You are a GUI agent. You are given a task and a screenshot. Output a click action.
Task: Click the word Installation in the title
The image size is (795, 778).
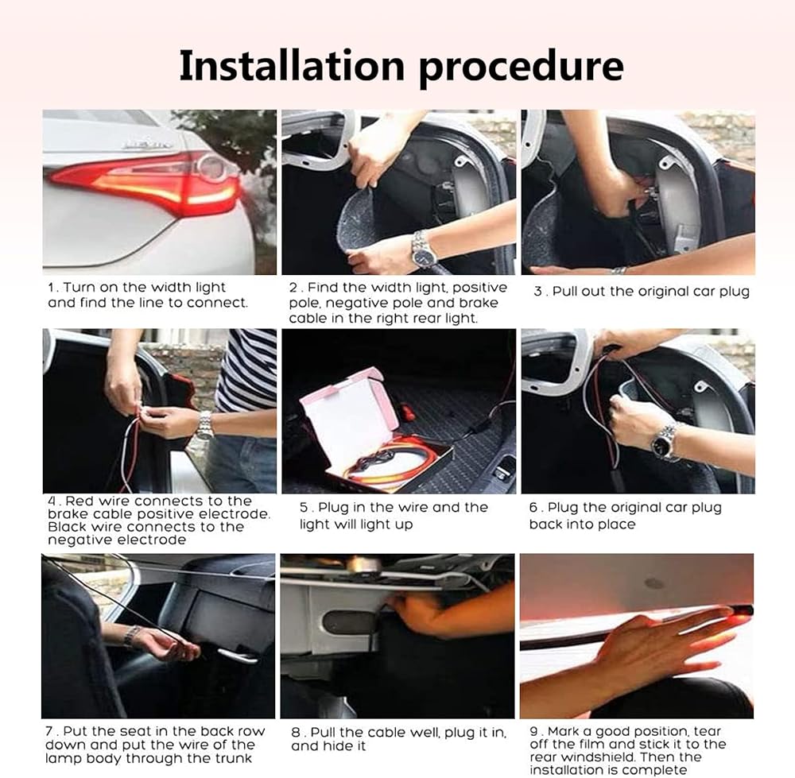(292, 65)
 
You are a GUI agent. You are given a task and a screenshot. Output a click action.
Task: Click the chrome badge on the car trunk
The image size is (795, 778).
(146, 144)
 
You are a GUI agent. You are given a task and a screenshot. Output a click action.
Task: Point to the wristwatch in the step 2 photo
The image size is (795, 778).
(423, 249)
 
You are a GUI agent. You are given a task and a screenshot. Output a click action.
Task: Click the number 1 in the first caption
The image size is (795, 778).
(51, 288)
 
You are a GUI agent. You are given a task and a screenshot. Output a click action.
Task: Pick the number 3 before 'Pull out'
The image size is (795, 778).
(537, 292)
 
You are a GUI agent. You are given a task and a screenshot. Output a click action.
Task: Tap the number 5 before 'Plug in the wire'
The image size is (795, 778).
(303, 507)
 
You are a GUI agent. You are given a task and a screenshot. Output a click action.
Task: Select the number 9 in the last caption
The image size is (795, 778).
(534, 731)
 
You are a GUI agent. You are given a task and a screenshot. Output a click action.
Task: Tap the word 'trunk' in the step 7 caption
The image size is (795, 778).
(233, 759)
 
